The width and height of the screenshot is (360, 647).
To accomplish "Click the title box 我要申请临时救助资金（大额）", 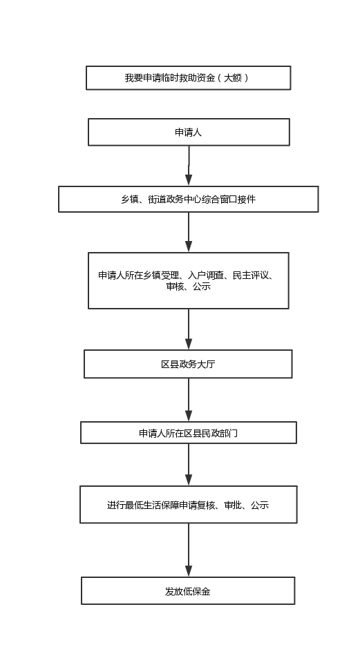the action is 188,77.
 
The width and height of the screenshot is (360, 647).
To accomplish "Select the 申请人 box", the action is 189,132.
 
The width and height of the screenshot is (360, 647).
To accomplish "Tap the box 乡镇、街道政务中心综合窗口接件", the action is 188,200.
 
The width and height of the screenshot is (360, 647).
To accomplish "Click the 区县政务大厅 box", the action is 188,364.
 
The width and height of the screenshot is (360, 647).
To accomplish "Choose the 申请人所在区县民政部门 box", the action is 188,433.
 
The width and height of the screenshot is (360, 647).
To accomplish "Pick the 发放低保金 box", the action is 188,591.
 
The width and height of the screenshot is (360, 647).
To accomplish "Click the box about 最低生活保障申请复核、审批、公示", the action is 188,505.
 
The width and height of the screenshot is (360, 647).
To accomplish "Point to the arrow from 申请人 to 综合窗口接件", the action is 189,166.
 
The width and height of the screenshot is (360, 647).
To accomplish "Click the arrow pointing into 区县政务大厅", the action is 189,329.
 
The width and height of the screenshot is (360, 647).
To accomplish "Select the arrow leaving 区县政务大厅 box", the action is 189,400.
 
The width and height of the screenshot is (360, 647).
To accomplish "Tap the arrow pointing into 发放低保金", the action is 189,550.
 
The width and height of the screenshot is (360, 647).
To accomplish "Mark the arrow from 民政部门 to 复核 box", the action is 189,465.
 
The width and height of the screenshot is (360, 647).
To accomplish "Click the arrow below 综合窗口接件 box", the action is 189,232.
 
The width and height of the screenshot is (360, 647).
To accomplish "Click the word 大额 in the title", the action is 233,77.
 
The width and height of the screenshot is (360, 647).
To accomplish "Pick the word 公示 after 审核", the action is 202,286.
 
